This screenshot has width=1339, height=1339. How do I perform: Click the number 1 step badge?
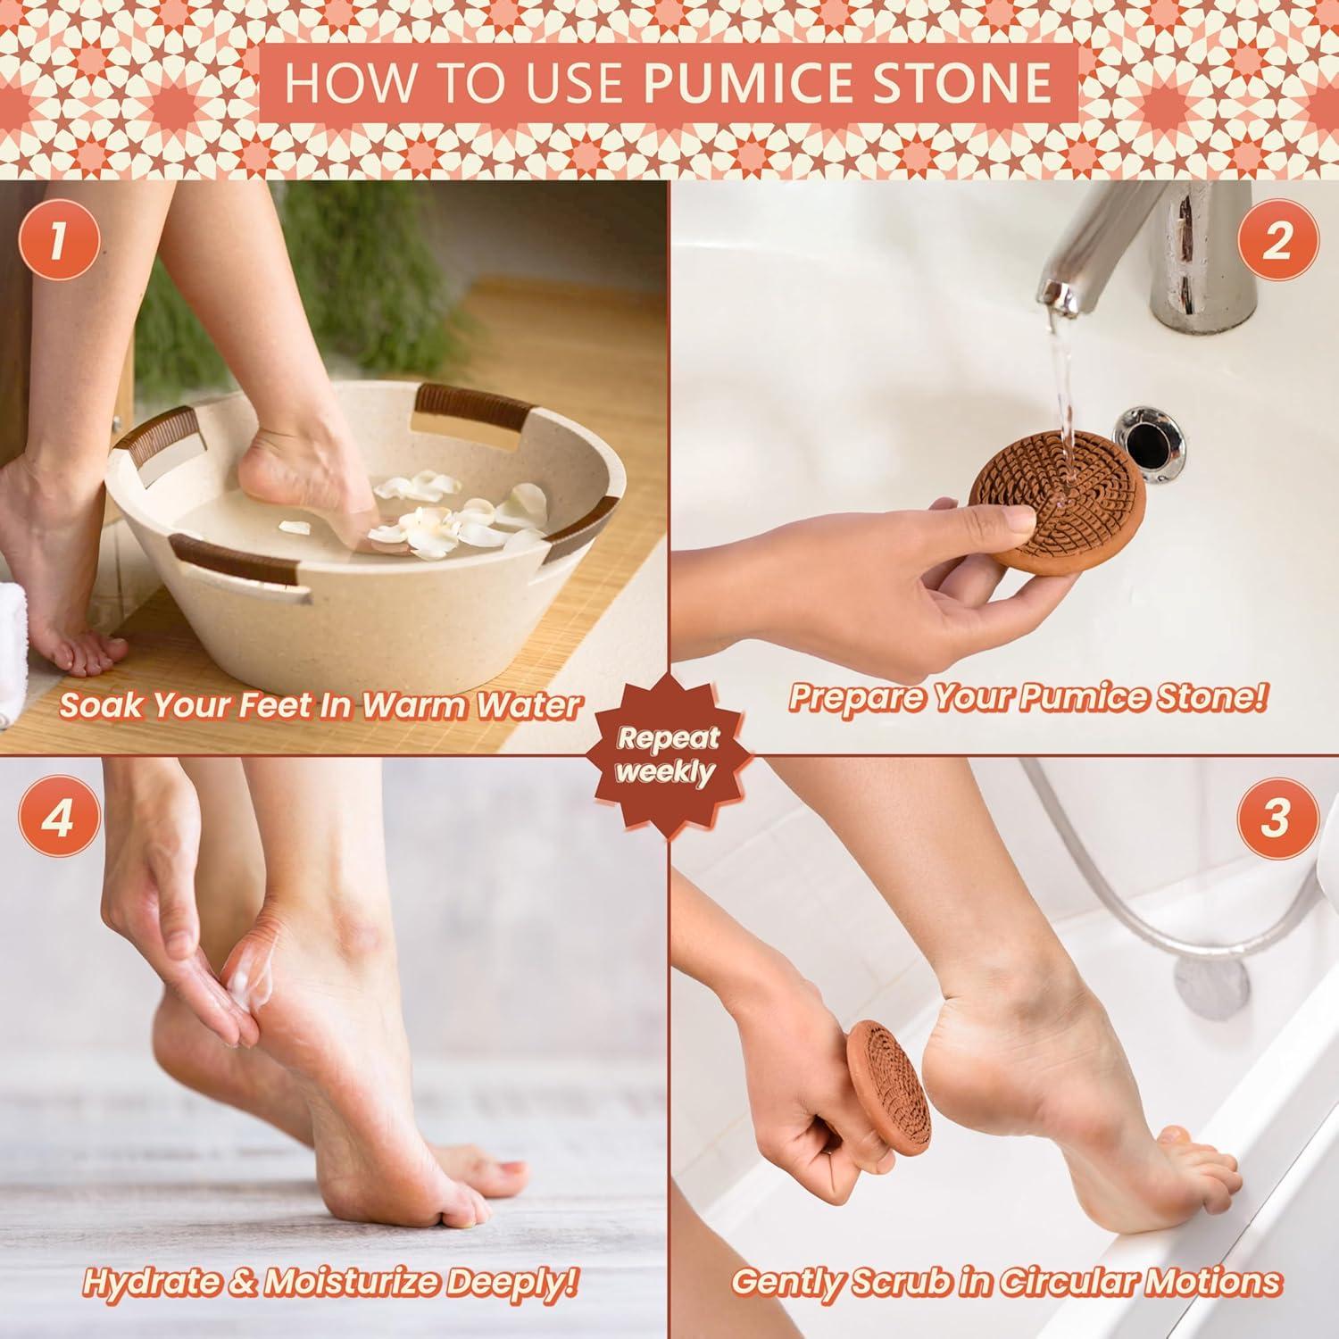click(57, 242)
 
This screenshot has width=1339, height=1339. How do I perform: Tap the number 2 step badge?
click(1277, 242)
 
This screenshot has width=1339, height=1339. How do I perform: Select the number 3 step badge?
click(1276, 818)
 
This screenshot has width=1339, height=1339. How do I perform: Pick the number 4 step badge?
click(57, 818)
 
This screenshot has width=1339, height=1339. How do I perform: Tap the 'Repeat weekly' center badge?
click(668, 754)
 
